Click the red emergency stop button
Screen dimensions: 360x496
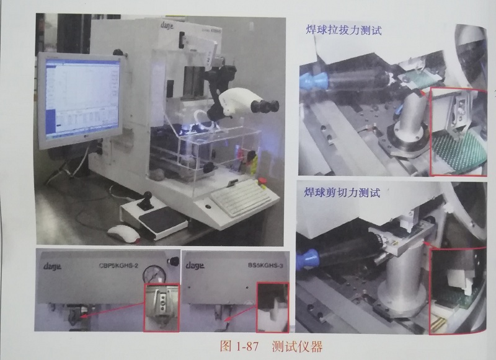262,181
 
